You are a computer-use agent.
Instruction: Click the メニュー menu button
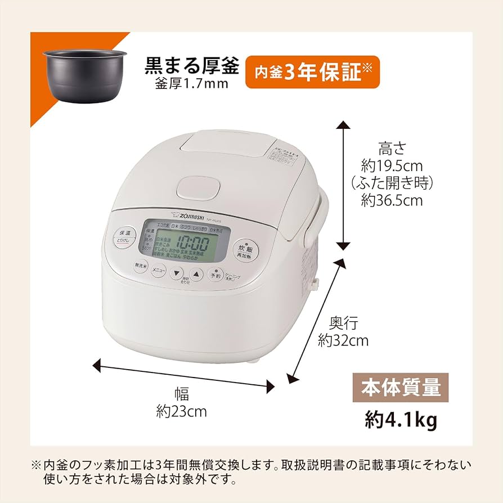(x=159, y=271)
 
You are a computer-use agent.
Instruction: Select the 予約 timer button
(x=215, y=275)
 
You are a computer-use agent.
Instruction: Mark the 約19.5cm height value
(x=392, y=166)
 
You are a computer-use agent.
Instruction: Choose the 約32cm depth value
(x=343, y=340)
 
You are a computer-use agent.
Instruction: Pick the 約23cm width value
(x=181, y=412)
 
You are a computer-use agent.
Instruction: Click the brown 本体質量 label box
(x=401, y=388)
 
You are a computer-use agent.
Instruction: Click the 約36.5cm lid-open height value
(x=392, y=201)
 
